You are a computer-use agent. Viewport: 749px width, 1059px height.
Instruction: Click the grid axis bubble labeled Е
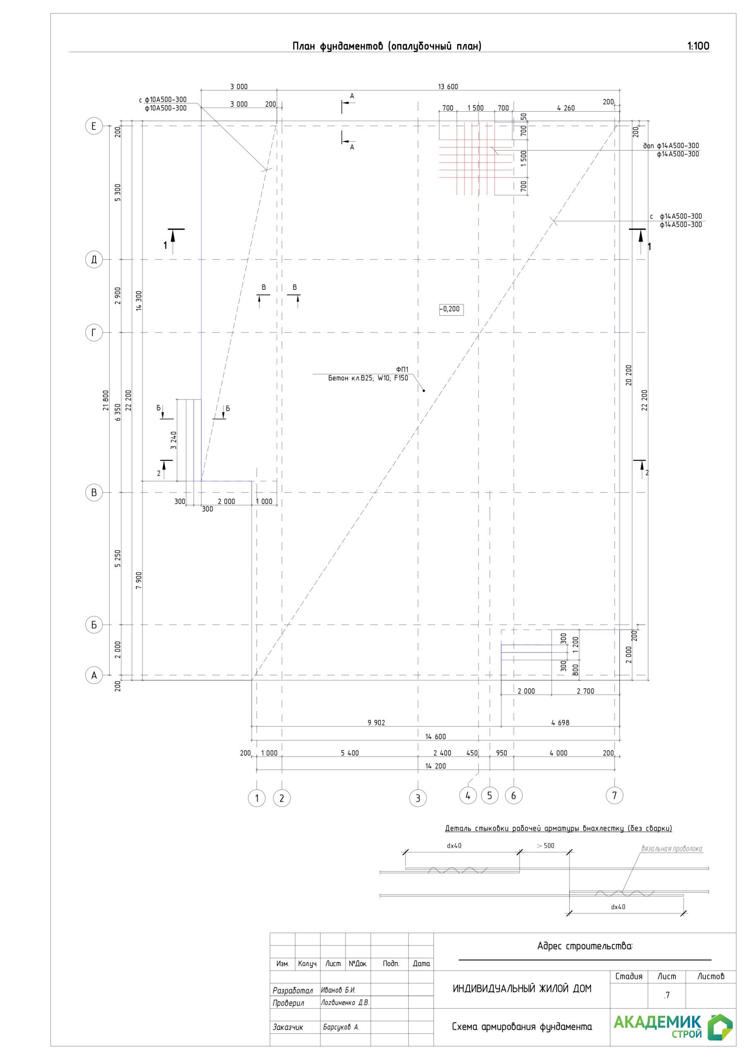(x=94, y=126)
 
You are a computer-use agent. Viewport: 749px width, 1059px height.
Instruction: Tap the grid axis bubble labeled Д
(x=94, y=259)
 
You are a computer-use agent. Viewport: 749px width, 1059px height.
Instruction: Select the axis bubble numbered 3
(x=418, y=798)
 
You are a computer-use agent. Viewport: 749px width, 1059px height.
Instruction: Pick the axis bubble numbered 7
(x=614, y=795)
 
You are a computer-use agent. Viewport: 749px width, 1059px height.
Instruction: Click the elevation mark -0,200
(x=451, y=309)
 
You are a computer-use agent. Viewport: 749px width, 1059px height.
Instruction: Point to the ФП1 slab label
(x=402, y=370)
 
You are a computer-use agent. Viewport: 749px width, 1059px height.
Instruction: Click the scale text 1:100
(x=698, y=46)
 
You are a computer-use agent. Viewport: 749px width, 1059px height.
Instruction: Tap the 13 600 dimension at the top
(x=448, y=87)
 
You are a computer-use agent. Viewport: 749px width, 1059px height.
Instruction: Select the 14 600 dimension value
(x=435, y=737)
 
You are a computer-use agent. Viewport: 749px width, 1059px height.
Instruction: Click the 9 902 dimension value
(x=376, y=723)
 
